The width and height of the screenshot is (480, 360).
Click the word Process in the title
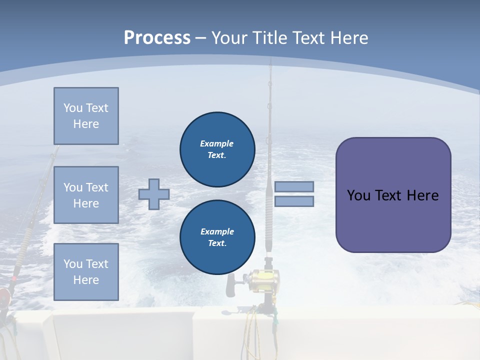(157, 37)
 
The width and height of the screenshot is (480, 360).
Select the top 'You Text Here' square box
(86, 116)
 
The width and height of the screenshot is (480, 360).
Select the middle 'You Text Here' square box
(86, 195)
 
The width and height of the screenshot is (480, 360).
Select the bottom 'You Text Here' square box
(86, 272)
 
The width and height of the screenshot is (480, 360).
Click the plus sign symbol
(153, 194)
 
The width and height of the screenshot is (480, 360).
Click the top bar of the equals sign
(294, 186)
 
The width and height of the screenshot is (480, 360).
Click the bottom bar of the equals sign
(294, 201)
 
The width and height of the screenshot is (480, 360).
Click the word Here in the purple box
(422, 195)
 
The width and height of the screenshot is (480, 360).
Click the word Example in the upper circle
(216, 143)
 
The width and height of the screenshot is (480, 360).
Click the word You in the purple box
(358, 195)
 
